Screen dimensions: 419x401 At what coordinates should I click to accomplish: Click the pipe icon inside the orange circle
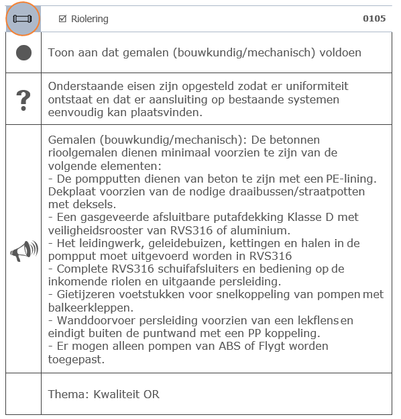(x=23, y=19)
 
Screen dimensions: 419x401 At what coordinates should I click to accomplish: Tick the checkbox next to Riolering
(x=62, y=19)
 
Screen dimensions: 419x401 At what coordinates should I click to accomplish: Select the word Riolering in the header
(x=89, y=19)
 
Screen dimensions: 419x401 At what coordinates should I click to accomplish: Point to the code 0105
(x=374, y=19)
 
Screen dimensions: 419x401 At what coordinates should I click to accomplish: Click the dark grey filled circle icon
(x=23, y=53)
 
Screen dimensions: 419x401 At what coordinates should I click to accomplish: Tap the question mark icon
(x=23, y=99)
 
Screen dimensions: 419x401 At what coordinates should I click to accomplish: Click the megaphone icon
(x=23, y=251)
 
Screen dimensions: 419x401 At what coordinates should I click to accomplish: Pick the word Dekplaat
(x=70, y=191)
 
